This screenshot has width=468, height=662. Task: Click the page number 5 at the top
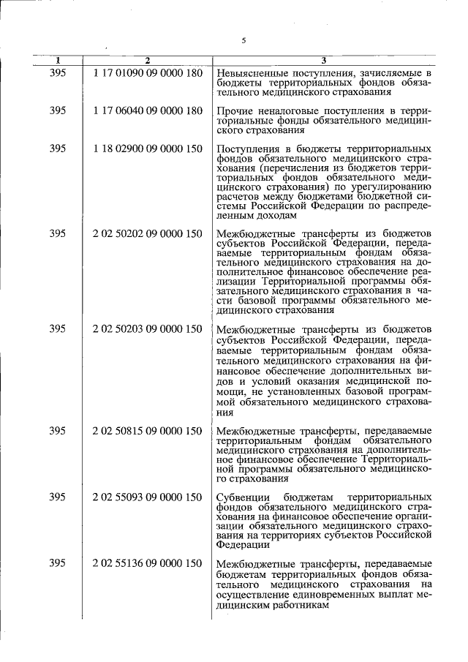(243, 40)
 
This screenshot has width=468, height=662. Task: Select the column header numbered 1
(58, 60)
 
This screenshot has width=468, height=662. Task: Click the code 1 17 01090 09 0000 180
(147, 73)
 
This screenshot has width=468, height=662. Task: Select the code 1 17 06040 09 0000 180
(147, 110)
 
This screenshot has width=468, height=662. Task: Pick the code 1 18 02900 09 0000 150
(147, 148)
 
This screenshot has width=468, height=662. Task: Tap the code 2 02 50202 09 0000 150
(147, 234)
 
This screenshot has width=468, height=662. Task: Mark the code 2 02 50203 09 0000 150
(147, 329)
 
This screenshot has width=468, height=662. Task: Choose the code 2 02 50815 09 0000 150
(147, 431)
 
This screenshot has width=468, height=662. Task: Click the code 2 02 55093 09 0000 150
(147, 497)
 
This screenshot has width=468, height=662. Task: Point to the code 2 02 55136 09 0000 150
(147, 563)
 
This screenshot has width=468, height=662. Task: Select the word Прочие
(235, 111)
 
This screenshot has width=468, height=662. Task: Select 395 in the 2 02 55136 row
(58, 563)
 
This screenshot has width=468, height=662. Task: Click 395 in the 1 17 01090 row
(58, 73)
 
